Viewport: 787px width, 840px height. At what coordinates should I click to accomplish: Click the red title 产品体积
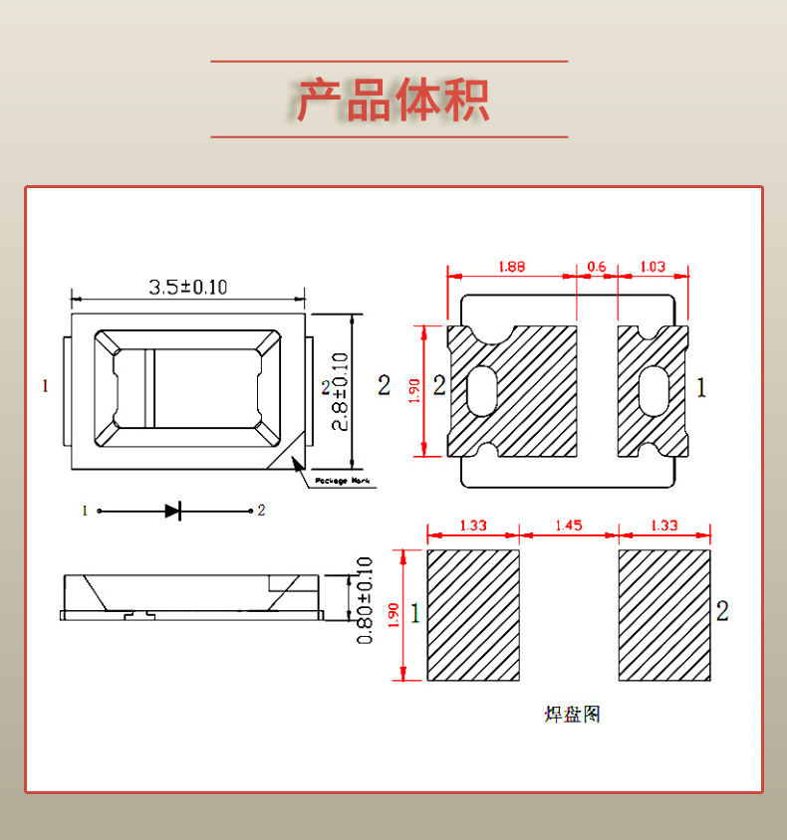(393, 100)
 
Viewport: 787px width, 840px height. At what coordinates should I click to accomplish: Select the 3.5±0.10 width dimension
(188, 288)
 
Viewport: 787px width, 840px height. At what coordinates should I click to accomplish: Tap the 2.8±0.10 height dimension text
(340, 391)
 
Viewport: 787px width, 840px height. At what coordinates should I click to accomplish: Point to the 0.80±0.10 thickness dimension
(365, 599)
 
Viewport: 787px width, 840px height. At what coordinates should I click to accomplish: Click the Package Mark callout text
(342, 481)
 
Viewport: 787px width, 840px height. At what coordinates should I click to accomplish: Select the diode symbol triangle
(172, 511)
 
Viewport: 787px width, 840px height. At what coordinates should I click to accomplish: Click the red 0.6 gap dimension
(597, 267)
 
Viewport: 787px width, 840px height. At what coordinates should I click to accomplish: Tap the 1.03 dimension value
(653, 267)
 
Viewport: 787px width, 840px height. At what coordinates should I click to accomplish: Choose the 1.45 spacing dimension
(569, 525)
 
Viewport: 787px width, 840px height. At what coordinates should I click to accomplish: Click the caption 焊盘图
(572, 715)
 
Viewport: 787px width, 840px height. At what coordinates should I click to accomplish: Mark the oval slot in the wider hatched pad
(483, 390)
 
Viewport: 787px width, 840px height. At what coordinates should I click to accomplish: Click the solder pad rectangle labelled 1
(473, 615)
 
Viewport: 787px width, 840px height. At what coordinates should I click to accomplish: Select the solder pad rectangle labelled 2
(664, 615)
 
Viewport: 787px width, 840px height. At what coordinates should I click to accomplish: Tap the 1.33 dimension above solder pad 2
(663, 525)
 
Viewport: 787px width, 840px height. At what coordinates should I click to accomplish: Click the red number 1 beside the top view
(45, 385)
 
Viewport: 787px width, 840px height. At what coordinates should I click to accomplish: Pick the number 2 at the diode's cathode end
(261, 511)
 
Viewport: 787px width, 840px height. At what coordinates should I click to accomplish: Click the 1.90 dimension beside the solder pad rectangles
(393, 615)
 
